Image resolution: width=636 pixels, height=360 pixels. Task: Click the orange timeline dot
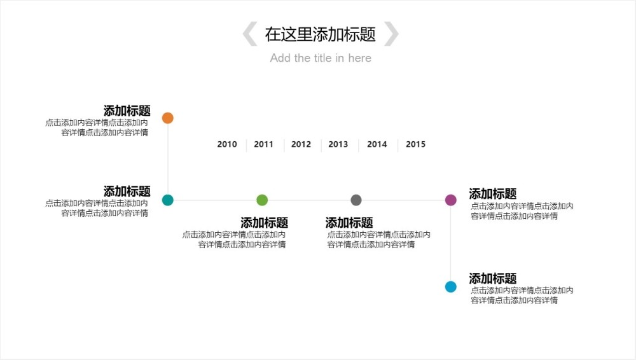pyautogui.click(x=168, y=118)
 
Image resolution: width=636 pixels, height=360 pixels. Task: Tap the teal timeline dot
pyautogui.click(x=168, y=200)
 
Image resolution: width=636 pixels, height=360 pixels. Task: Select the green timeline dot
pyautogui.click(x=262, y=200)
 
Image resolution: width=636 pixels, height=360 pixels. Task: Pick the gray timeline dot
pyautogui.click(x=356, y=200)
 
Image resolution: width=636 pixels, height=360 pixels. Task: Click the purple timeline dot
pyautogui.click(x=451, y=200)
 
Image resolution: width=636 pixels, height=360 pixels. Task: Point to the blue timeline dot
pyautogui.click(x=451, y=287)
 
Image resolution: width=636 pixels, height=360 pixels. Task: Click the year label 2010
pyautogui.click(x=227, y=144)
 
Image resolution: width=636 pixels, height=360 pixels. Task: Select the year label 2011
pyautogui.click(x=264, y=144)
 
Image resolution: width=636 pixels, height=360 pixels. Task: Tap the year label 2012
pyautogui.click(x=301, y=144)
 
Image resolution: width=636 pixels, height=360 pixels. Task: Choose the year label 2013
pyautogui.click(x=338, y=144)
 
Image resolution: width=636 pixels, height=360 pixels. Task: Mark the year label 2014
pyautogui.click(x=377, y=144)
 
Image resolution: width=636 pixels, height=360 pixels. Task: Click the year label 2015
pyautogui.click(x=416, y=144)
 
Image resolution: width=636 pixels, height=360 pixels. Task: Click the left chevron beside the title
pyautogui.click(x=250, y=34)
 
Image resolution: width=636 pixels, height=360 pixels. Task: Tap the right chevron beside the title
pyautogui.click(x=392, y=34)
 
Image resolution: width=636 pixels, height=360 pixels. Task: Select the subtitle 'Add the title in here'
pyautogui.click(x=321, y=58)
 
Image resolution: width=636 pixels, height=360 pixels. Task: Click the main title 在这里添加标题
pyautogui.click(x=321, y=34)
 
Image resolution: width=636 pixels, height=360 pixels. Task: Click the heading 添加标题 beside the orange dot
pyautogui.click(x=127, y=111)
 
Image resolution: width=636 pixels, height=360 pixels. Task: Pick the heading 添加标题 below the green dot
pyautogui.click(x=265, y=223)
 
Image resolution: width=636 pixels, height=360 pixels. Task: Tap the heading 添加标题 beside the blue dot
pyautogui.click(x=493, y=279)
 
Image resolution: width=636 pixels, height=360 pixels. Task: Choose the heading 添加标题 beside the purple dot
pyautogui.click(x=493, y=194)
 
